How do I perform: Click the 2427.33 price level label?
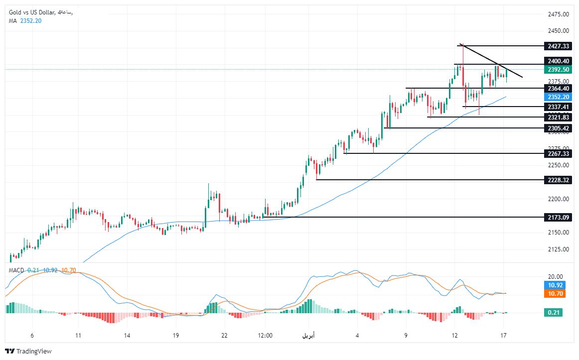[558, 46]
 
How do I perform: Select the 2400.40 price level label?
[558, 61]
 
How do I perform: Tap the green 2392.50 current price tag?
[558, 70]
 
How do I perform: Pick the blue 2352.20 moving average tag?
[558, 97]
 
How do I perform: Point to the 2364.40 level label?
[558, 89]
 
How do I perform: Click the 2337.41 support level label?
[558, 107]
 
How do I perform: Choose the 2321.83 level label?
[558, 118]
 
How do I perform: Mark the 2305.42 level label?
[558, 128]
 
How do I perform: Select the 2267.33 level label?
[558, 154]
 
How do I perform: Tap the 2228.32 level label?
[558, 180]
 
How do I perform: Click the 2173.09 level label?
[558, 218]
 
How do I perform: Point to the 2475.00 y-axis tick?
[558, 14]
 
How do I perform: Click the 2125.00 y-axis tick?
[558, 249]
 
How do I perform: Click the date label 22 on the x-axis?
[225, 336]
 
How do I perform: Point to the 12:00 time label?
[265, 336]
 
